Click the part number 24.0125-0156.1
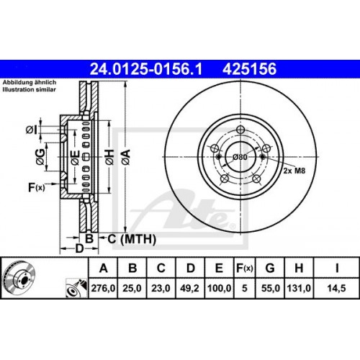pos(145,68)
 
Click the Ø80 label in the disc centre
pos(238,156)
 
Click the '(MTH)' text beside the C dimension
pos(127,238)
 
